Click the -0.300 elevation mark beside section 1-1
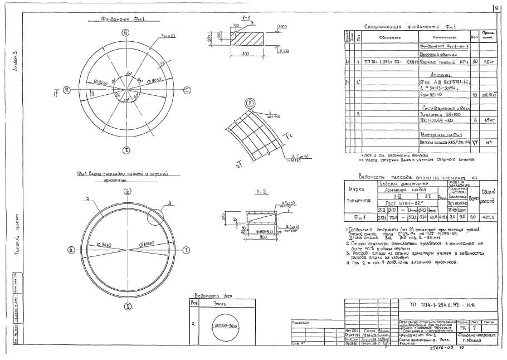tap(284, 51)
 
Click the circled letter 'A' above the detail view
tap(251, 103)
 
